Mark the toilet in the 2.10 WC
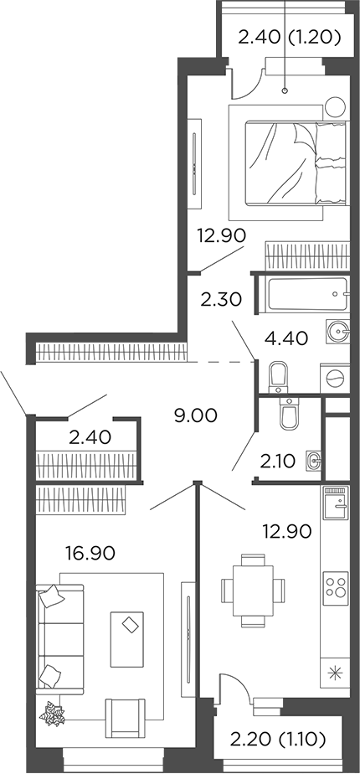pos(288,415)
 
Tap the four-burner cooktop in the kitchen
pos(336,583)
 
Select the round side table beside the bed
pos(336,106)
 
